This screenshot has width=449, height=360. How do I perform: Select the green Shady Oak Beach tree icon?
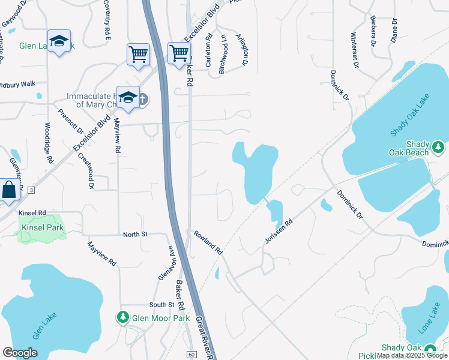tap(438, 146)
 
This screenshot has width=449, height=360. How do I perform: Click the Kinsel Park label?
tap(41, 228)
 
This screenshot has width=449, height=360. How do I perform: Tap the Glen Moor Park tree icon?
tap(123, 316)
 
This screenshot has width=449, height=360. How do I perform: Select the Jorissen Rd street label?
tap(279, 231)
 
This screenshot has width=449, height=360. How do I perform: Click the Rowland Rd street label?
tap(208, 243)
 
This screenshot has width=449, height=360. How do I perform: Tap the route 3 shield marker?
tap(31, 190)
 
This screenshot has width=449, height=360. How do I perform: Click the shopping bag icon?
tap(10, 190)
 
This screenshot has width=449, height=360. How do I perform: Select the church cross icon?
tap(143, 99)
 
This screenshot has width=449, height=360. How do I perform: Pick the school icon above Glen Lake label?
tap(59, 41)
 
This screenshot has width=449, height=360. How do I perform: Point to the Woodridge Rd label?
tap(48, 142)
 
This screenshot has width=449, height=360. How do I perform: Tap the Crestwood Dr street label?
tap(85, 171)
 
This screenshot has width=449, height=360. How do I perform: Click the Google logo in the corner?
tap(20, 353)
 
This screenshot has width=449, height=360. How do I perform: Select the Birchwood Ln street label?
tap(223, 54)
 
